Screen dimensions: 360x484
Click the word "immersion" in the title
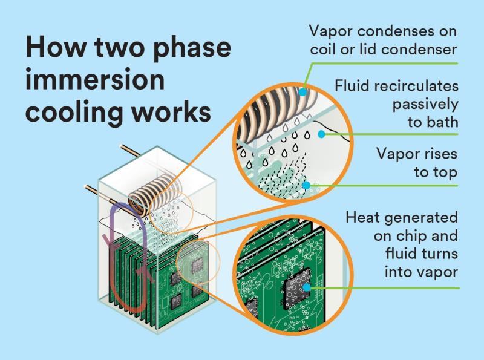coord(96,80)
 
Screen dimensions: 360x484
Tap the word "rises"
coord(437,154)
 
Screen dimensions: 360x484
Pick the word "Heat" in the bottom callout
coord(364,217)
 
